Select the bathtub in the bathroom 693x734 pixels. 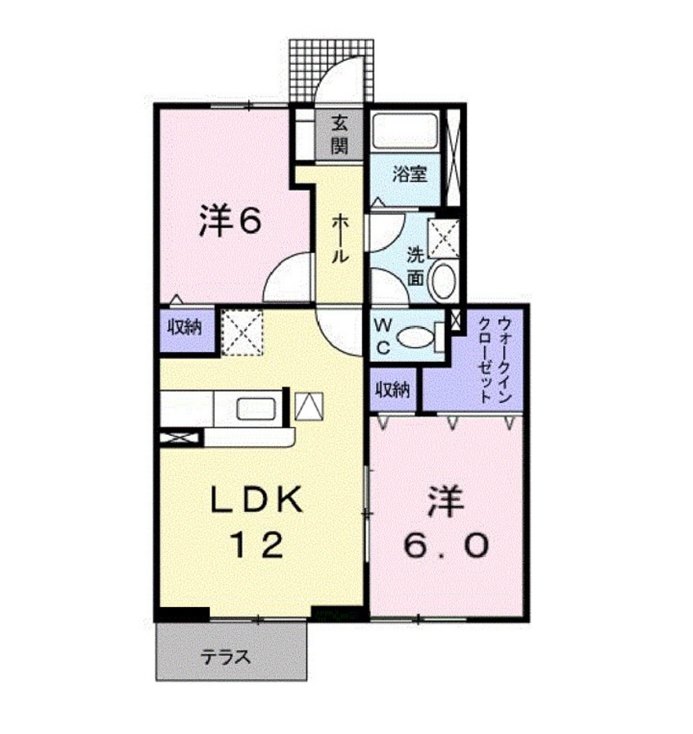coord(405,130)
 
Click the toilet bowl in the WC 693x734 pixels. coord(417,337)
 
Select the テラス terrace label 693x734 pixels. coord(225,657)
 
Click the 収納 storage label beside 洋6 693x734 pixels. coord(186,329)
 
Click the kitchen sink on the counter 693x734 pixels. coord(256,407)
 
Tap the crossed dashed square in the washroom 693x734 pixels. coord(446,238)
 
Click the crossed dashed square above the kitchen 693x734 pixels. coord(242,331)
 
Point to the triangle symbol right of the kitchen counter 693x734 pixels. coord(309,406)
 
